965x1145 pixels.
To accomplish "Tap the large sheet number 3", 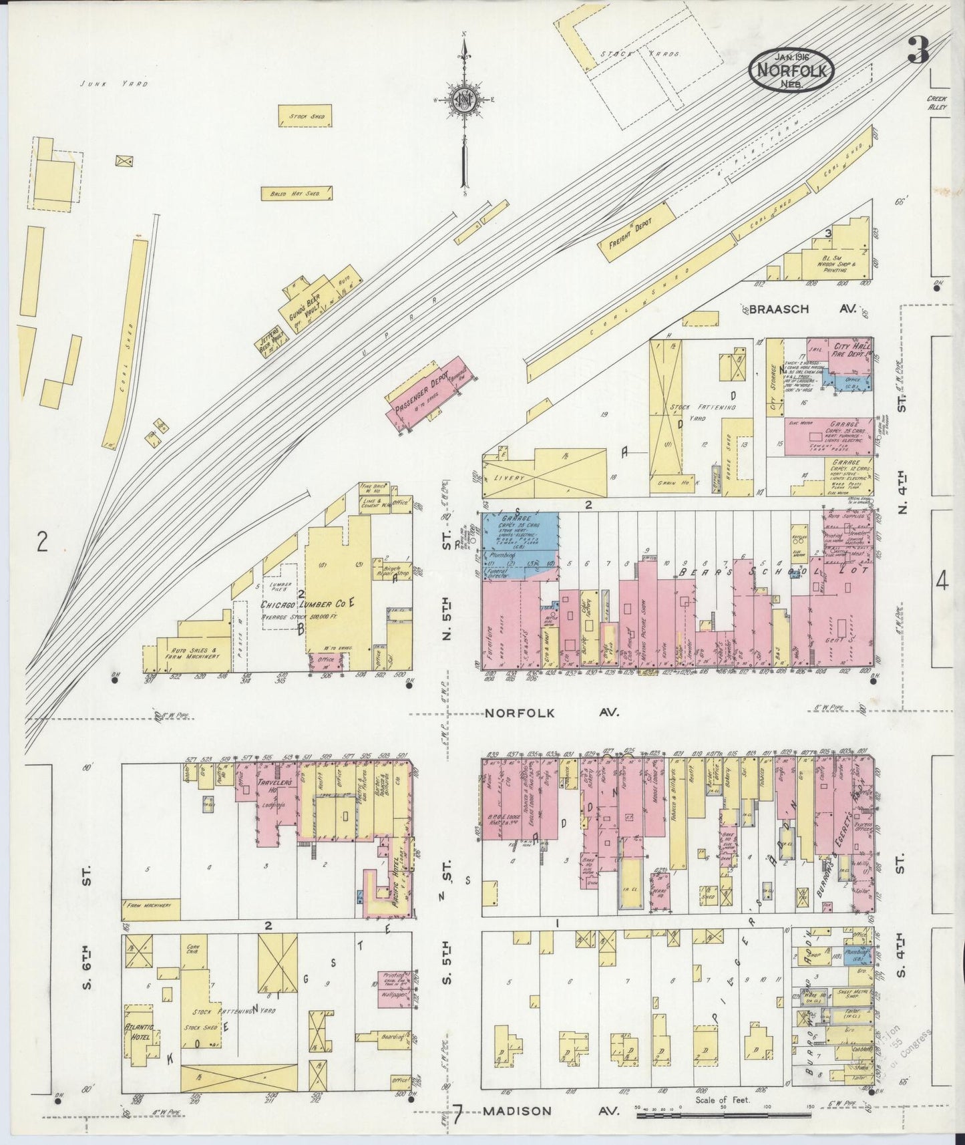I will click(919, 51).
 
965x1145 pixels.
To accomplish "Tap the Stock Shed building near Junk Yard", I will click(305, 116).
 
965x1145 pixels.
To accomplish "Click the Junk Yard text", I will click(113, 84).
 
